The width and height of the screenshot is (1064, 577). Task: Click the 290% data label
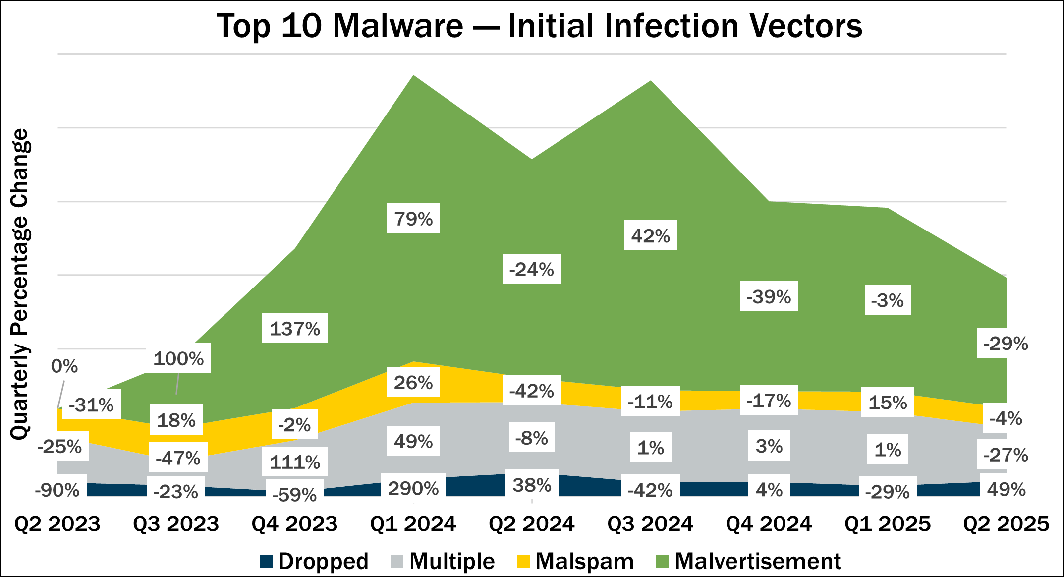413,488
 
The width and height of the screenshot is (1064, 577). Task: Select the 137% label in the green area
294,328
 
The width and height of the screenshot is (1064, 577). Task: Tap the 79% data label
413,218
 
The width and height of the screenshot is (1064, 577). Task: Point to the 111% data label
294,462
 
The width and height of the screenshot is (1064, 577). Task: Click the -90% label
57,490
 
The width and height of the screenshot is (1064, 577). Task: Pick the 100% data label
178,358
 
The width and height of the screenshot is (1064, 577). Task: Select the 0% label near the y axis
64,366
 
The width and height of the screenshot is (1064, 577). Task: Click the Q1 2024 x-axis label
413,524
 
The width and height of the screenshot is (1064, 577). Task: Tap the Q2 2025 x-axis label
1006,524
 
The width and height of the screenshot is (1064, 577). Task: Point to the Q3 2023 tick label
176,524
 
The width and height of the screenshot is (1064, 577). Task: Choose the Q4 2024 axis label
769,524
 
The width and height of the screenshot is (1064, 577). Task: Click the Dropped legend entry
314,561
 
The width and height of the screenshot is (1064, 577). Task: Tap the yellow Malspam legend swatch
523,561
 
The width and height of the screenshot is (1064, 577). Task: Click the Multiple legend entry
443,561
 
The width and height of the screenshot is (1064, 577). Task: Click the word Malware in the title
397,26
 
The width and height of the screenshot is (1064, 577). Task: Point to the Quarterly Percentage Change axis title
21,284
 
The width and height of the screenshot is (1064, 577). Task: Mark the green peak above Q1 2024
413,77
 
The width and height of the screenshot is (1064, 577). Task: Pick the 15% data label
887,402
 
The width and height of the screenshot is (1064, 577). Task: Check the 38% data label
531,485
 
